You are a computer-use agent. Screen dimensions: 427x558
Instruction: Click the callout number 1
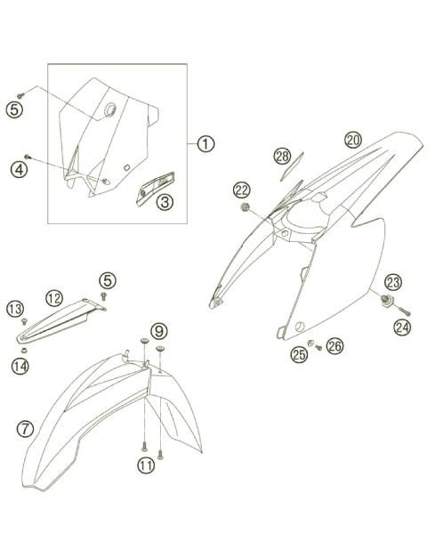pos(205,144)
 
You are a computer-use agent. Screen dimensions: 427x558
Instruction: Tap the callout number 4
pos(19,169)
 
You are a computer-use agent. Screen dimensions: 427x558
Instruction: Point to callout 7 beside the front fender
pos(25,429)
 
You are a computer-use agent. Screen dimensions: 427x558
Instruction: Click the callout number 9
pos(158,331)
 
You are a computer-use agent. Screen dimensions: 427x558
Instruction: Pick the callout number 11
pos(146,465)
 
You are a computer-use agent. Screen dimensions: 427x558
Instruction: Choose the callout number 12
pos(54,298)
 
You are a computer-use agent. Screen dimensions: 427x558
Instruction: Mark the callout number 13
pos(15,309)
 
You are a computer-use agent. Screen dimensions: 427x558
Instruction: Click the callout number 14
pos(20,366)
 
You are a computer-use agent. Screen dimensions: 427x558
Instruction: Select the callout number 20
pos(353,141)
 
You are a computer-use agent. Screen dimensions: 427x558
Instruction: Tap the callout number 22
pos(242,190)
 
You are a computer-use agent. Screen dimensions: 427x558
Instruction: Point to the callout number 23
pos(393,282)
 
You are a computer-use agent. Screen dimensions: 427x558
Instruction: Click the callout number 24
pos(402,328)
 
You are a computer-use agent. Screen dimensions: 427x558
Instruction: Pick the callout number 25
pos(299,354)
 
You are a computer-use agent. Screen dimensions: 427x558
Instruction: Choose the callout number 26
pos(334,345)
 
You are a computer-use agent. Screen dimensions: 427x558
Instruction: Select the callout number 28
pos(283,157)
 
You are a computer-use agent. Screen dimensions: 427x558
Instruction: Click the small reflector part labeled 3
pos(155,189)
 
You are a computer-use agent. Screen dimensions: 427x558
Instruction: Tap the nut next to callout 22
pos(245,206)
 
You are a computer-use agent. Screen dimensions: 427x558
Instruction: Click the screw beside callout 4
pos(28,157)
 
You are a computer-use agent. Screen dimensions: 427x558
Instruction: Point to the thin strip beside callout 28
pos(292,166)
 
